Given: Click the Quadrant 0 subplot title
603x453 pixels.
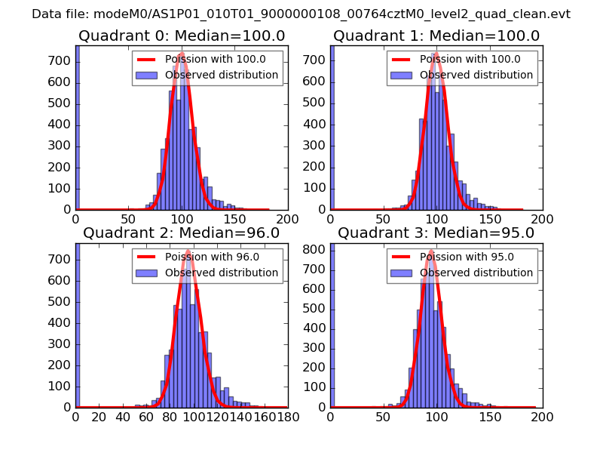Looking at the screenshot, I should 181,35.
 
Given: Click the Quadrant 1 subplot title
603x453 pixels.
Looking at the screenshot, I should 436,35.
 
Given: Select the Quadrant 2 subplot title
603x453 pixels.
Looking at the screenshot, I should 181,233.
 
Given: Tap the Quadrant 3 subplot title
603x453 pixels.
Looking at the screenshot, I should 436,233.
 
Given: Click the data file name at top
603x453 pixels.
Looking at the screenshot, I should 301,14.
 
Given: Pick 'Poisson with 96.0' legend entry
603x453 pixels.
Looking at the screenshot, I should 208,257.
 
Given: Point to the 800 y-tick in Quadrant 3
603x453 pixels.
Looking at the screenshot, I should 317,248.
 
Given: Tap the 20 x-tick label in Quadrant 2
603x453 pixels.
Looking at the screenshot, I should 99,415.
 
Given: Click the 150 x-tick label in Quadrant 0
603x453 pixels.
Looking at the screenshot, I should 234,218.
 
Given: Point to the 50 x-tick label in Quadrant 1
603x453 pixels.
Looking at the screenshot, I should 383,218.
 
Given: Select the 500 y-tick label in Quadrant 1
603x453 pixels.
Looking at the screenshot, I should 317,102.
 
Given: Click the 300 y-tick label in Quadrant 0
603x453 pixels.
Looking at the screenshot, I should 62,145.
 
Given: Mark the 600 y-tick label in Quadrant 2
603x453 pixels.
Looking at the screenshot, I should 62,280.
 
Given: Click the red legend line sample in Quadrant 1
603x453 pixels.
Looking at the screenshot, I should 403,60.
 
